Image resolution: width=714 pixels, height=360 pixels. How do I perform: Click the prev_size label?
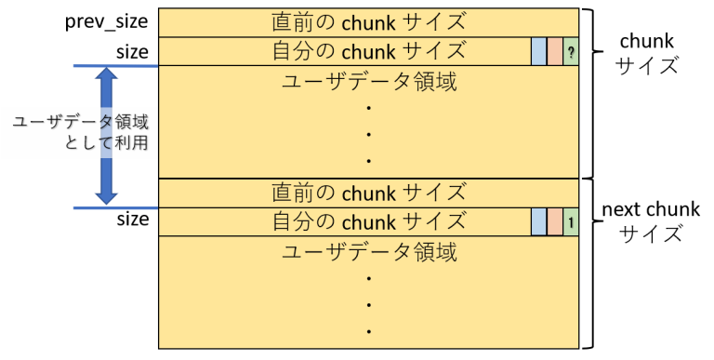pyautogui.click(x=107, y=22)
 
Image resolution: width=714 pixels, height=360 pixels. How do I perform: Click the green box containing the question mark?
pyautogui.click(x=571, y=51)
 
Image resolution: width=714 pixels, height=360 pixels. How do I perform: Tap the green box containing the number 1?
pyautogui.click(x=571, y=222)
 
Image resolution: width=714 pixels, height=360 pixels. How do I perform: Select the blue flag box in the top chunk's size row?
pyautogui.click(x=538, y=51)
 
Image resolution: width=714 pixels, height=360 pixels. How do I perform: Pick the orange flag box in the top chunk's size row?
pyautogui.click(x=555, y=51)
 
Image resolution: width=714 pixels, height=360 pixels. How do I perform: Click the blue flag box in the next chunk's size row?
pyautogui.click(x=538, y=222)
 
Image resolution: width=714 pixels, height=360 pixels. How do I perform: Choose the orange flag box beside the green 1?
pyautogui.click(x=555, y=222)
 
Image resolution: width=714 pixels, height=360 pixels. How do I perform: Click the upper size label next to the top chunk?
pyautogui.click(x=132, y=52)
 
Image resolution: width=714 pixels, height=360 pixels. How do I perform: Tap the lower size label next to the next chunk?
pyautogui.click(x=133, y=220)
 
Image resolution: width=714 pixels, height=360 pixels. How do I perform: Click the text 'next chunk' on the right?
pyautogui.click(x=651, y=209)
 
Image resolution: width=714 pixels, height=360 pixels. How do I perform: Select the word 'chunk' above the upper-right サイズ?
pyautogui.click(x=646, y=41)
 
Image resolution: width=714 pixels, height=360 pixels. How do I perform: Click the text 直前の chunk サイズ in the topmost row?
pyautogui.click(x=369, y=22)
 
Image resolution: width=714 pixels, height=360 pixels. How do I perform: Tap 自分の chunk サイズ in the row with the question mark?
pyautogui.click(x=369, y=51)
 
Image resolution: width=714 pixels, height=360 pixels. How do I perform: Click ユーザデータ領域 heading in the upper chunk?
pyautogui.click(x=369, y=82)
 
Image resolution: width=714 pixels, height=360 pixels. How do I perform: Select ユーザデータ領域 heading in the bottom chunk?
pyautogui.click(x=369, y=252)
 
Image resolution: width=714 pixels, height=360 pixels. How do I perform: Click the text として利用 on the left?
pyautogui.click(x=107, y=142)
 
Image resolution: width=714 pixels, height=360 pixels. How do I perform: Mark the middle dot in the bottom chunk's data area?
pyautogui.click(x=368, y=305)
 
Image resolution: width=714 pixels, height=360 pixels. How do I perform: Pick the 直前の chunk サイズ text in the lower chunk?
pyautogui.click(x=369, y=193)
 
